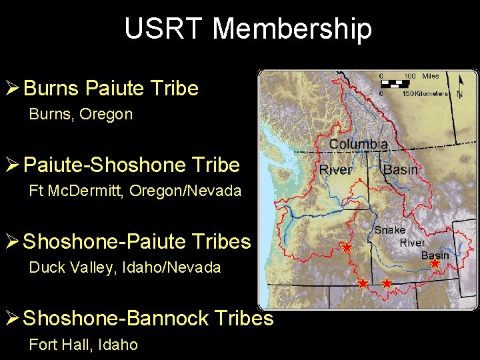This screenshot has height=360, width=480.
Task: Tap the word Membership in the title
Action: click(293, 29)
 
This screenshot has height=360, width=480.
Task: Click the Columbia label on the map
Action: click(358, 144)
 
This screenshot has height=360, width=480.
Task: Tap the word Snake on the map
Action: click(389, 230)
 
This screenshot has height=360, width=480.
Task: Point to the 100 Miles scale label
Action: click(421, 76)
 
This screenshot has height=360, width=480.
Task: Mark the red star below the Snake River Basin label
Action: click(435, 264)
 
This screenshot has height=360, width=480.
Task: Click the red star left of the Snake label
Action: click(347, 247)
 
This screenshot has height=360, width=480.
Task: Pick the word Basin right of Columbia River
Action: click(401, 170)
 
